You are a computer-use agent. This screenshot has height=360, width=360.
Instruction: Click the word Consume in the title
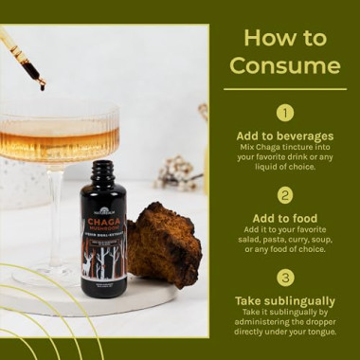click(285, 65)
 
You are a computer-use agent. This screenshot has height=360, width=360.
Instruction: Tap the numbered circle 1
click(285, 113)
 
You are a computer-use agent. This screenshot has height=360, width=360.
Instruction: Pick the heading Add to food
click(285, 217)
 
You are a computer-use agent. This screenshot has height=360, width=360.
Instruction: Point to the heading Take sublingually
click(285, 300)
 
